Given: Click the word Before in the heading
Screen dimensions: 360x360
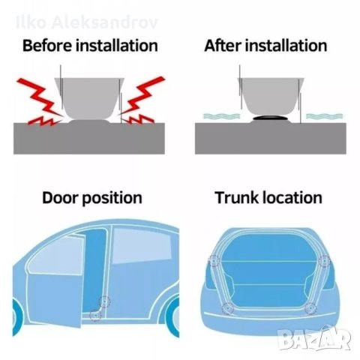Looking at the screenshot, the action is coord(47,46).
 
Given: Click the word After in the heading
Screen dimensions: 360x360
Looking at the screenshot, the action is coord(223,46).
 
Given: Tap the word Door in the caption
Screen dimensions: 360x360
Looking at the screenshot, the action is coord(60,197).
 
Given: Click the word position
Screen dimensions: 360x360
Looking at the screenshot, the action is coord(112,199).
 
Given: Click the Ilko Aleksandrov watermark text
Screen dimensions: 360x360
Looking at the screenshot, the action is coord(87,22).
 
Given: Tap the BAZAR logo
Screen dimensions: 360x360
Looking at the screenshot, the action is coord(314,338).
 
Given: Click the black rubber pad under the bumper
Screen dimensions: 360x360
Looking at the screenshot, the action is coord(271,118).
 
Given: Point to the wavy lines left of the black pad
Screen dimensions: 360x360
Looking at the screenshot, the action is coord(221,116).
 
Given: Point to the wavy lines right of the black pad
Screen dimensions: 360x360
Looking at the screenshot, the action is coord(325,116).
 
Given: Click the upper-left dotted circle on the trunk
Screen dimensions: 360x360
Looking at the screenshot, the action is coord(214,261).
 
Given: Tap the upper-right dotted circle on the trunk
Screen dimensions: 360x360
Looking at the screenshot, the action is coord(325,262).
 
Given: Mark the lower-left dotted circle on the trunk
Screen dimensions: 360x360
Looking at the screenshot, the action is coord(228,308).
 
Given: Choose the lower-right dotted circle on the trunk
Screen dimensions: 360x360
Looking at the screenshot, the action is coord(310,308).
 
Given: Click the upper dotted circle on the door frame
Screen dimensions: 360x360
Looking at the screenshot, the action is coord(104,301).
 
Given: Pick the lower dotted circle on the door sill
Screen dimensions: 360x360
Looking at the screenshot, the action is coord(95,315).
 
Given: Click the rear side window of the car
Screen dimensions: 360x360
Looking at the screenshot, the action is coord(142,245).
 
